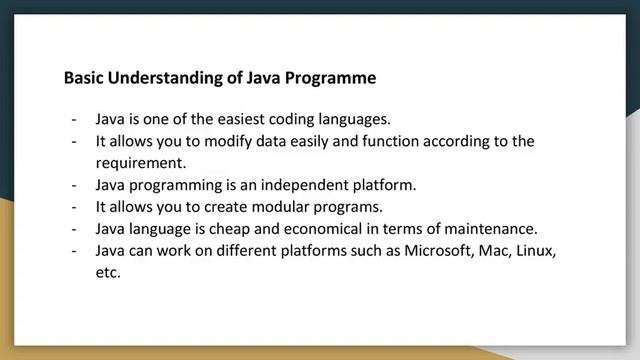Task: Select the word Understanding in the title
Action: click(159, 77)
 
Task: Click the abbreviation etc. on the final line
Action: click(108, 272)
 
